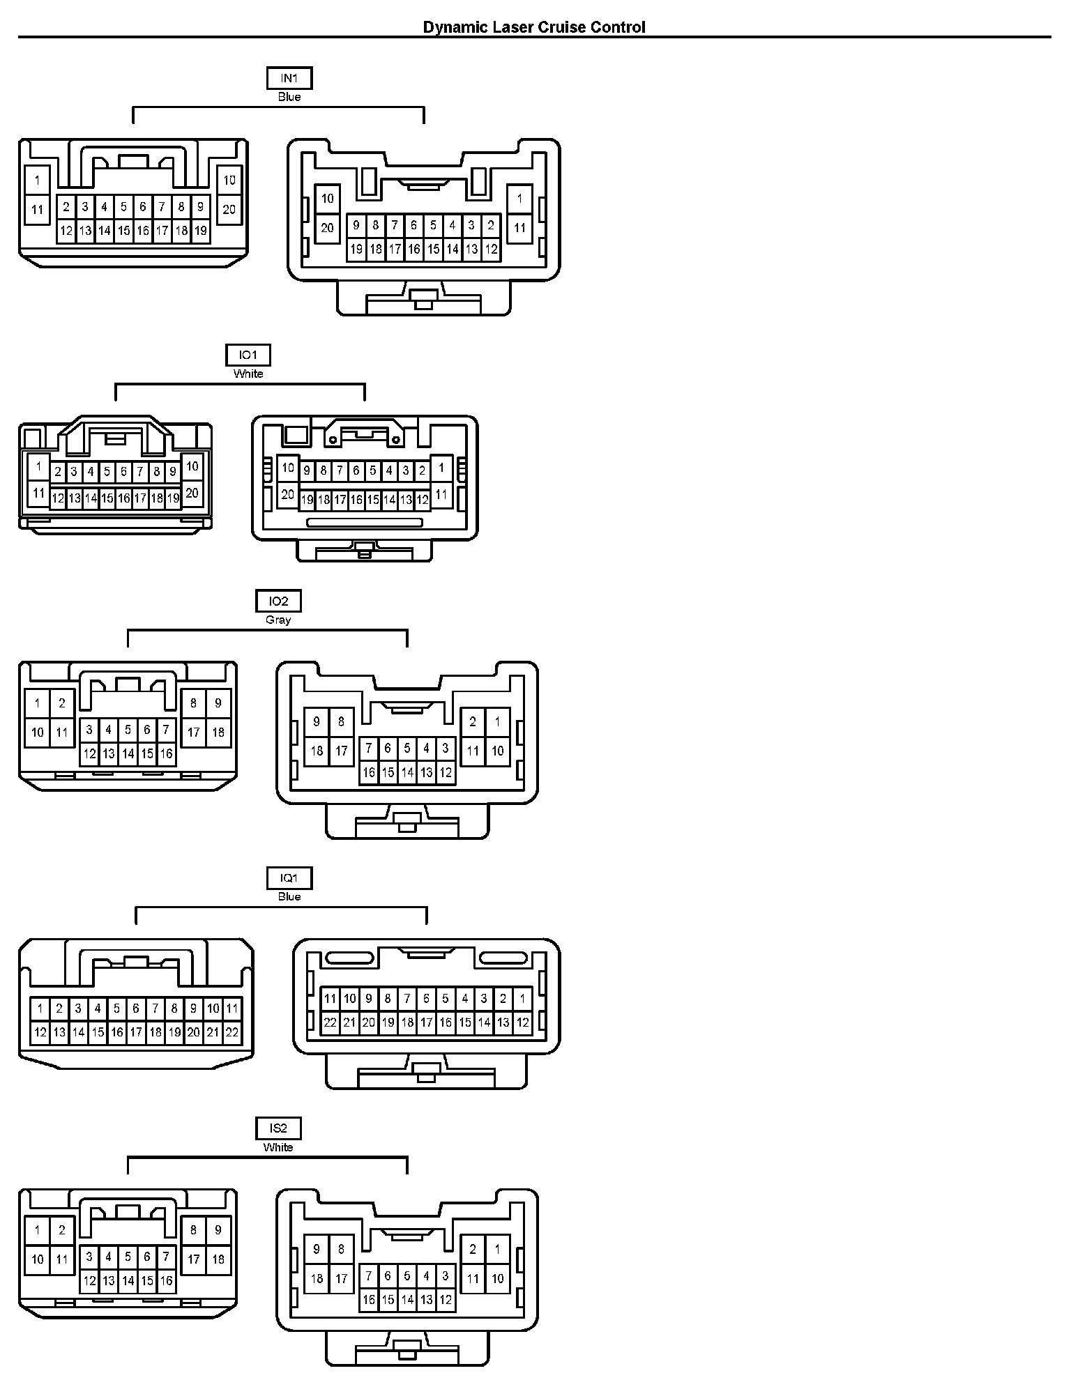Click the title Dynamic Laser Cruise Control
[x=534, y=27]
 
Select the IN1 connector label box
[x=289, y=79]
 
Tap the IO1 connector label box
[x=248, y=355]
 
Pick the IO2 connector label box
[x=278, y=601]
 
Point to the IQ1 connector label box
[x=289, y=878]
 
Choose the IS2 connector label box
[x=278, y=1128]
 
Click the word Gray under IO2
[x=278, y=620]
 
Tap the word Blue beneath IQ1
[x=289, y=896]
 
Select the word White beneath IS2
[x=278, y=1147]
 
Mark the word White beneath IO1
[x=248, y=374]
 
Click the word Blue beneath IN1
[x=289, y=97]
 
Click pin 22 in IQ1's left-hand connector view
[x=232, y=1032]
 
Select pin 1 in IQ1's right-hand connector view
[x=522, y=999]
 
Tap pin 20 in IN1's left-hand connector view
[x=229, y=209]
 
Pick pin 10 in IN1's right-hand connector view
[x=327, y=199]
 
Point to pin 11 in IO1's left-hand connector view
[x=38, y=493]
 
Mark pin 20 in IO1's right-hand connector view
[x=287, y=495]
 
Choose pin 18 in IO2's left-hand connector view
[x=218, y=733]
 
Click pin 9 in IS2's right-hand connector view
[x=317, y=1249]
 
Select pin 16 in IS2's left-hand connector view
[x=166, y=1280]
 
